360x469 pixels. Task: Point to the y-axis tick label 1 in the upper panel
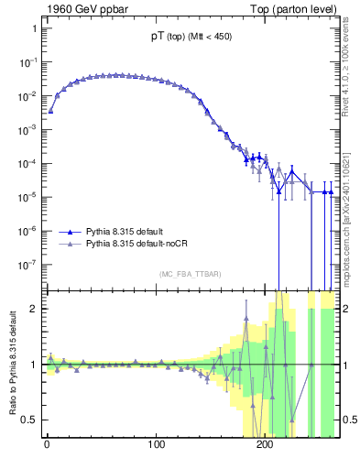34,28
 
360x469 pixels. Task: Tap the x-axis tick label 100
156,451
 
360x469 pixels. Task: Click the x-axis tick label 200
265,451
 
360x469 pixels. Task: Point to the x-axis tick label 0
47,451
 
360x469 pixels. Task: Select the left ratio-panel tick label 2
34,309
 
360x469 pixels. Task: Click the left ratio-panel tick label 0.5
29,420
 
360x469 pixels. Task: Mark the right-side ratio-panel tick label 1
345,365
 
